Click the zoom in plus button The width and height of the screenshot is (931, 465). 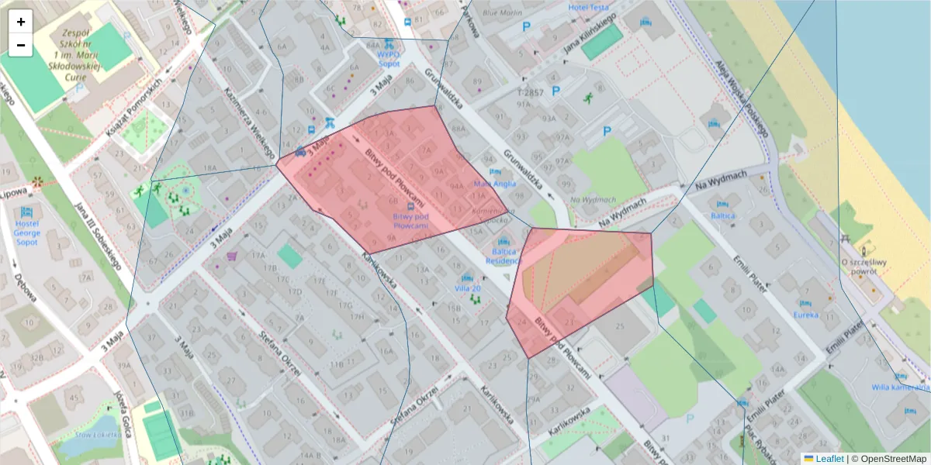[21, 22]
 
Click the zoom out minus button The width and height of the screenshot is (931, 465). [21, 45]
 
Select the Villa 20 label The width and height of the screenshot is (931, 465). [468, 288]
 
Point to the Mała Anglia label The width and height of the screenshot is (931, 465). [494, 184]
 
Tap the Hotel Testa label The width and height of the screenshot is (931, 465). [588, 8]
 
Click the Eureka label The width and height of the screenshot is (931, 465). [805, 315]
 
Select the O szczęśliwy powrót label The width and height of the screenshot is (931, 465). [864, 267]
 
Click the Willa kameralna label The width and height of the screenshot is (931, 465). [900, 387]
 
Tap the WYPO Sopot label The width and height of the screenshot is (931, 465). [388, 59]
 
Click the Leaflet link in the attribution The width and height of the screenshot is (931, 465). [829, 459]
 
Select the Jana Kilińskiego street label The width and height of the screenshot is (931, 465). [590, 33]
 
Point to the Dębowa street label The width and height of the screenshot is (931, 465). [25, 288]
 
